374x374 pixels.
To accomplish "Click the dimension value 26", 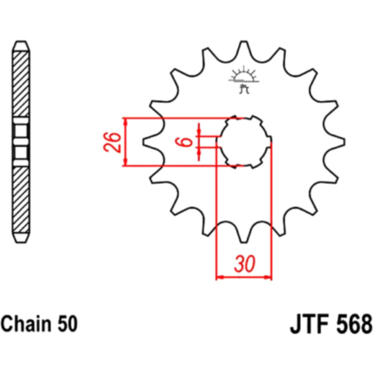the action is point(112,142).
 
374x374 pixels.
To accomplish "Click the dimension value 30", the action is point(244,264).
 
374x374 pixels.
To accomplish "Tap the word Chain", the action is point(26,324).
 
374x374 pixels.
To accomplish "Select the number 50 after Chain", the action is point(67,324).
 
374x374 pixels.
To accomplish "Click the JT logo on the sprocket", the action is point(244,80).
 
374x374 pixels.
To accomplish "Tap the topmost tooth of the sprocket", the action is point(244,48).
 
